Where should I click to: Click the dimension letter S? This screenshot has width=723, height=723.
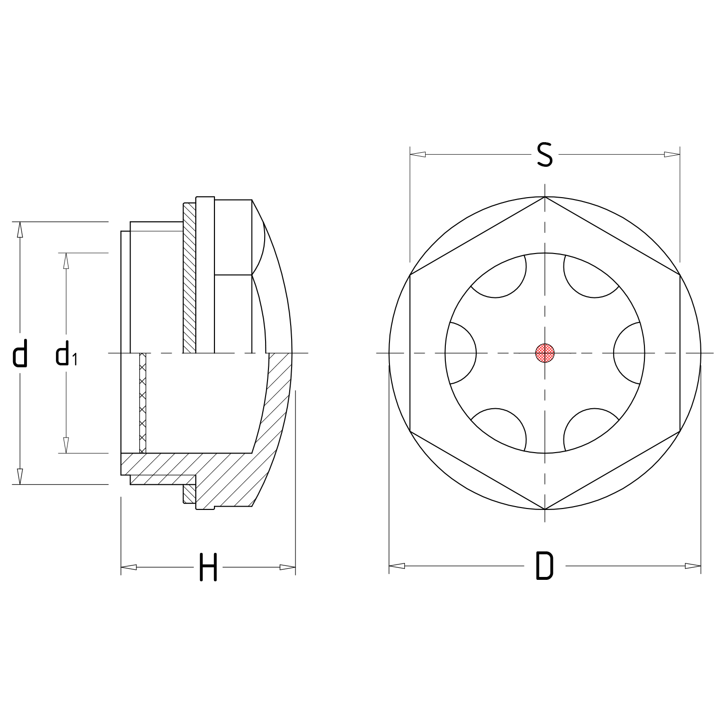(x=545, y=155)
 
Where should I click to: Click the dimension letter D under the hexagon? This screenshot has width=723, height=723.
(x=545, y=565)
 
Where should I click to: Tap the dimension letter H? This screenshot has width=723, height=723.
(x=208, y=567)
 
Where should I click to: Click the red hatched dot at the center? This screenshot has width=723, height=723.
(x=545, y=353)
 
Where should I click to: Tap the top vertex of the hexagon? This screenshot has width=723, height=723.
(x=545, y=197)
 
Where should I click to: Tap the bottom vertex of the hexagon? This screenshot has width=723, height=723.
(x=545, y=509)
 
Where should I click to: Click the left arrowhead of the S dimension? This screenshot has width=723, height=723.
(x=417, y=155)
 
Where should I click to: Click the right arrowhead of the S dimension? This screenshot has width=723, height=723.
(x=672, y=155)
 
